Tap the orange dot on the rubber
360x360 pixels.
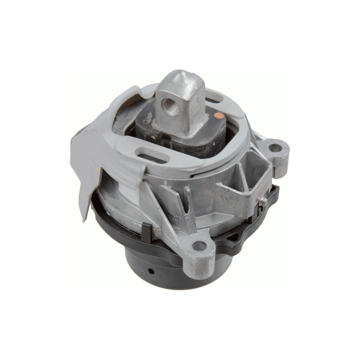[x=220, y=117]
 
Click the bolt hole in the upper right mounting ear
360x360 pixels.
[x=274, y=148]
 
